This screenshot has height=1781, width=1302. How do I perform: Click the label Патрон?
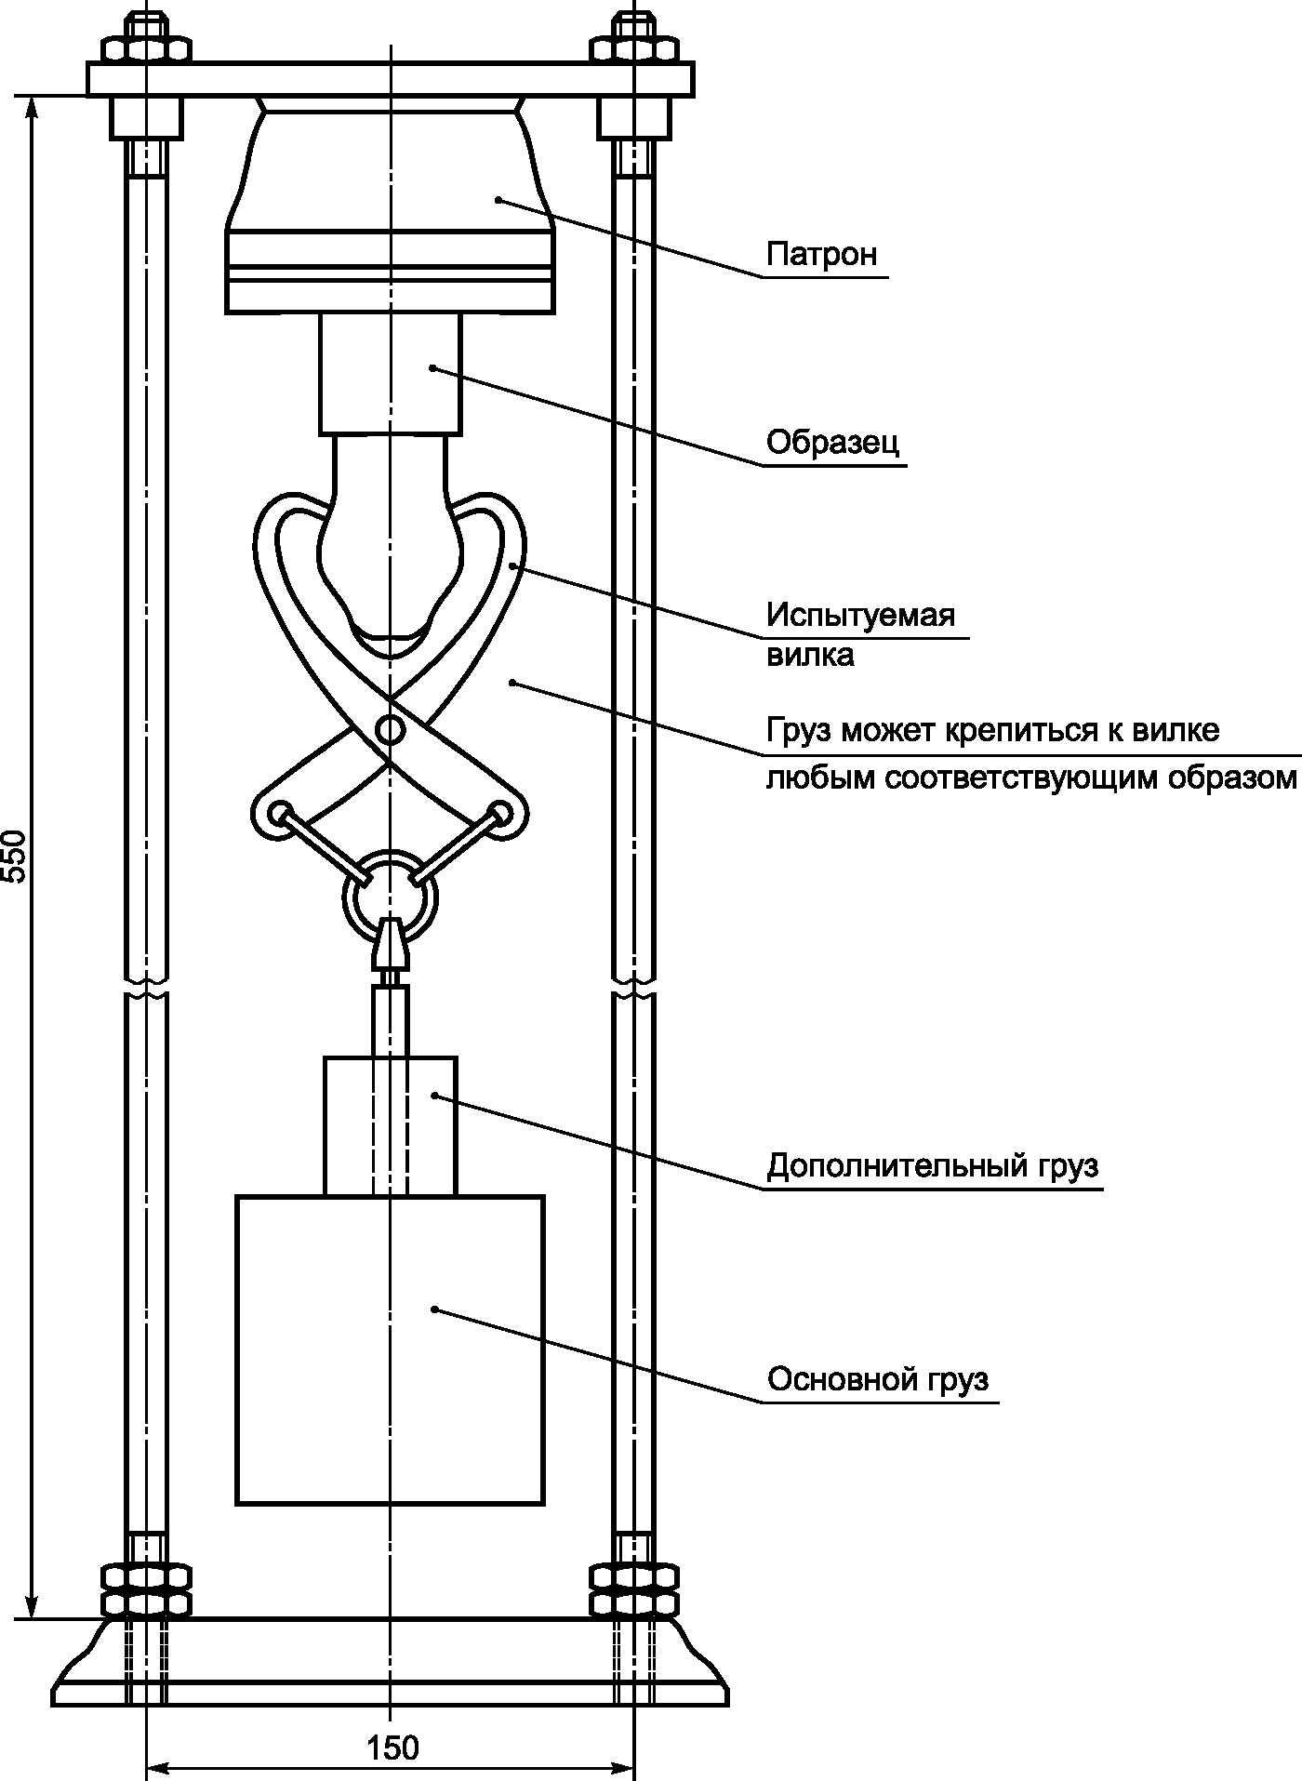click(821, 255)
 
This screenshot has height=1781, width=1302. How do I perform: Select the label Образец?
click(833, 443)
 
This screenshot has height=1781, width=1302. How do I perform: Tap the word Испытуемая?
click(861, 616)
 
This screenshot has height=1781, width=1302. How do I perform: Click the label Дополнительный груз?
click(933, 1165)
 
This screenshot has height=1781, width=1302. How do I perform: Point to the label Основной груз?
click(878, 1379)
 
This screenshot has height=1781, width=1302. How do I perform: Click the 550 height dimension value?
click(17, 855)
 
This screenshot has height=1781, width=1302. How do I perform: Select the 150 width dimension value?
click(392, 1748)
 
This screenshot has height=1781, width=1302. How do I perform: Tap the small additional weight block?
click(391, 1125)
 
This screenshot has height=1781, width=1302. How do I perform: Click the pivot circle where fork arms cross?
click(391, 729)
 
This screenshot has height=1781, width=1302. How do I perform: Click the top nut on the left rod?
click(147, 48)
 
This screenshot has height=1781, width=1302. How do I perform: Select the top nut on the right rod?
click(635, 48)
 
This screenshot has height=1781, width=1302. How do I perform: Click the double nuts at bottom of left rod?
click(146, 1590)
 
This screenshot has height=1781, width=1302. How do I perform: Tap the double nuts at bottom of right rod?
click(635, 1590)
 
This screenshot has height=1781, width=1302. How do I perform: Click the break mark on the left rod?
click(147, 988)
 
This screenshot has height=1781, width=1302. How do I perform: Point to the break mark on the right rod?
click(635, 988)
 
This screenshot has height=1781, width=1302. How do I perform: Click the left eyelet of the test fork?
click(278, 815)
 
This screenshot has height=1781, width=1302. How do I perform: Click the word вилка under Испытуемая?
click(810, 656)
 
